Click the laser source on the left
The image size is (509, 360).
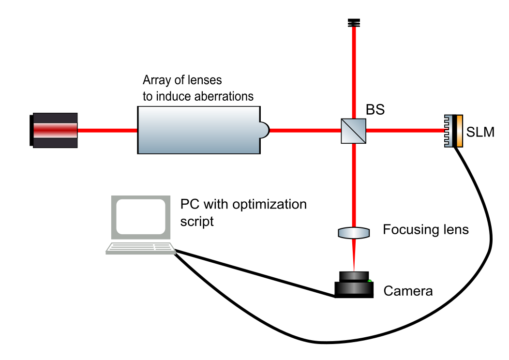click(53, 130)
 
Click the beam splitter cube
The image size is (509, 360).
click(354, 130)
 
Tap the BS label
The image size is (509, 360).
click(375, 110)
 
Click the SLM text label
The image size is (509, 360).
click(481, 131)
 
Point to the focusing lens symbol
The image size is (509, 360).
click(354, 233)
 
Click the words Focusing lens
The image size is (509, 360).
click(426, 229)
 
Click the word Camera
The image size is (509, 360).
click(408, 291)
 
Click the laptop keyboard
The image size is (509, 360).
click(140, 248)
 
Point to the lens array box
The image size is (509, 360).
click(198, 130)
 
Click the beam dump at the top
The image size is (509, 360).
click(354, 22)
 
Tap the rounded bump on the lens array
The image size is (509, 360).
click(264, 130)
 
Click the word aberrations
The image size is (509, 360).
click(225, 96)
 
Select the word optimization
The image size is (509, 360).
click(269, 204)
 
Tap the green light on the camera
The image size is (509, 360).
click(370, 281)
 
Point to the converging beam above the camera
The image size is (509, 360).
click(354, 256)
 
